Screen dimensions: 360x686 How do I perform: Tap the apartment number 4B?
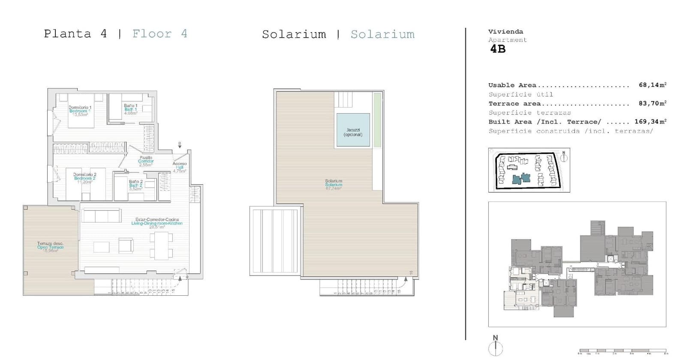498,49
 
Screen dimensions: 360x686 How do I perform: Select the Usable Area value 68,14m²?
652,85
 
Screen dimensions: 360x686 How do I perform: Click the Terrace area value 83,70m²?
652,103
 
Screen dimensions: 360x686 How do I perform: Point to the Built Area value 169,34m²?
650,122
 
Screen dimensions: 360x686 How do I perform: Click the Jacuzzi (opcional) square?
353,130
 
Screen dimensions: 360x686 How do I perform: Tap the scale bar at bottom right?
623,351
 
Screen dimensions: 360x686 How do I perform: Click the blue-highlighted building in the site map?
521,179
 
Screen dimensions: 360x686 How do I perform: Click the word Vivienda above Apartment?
505,32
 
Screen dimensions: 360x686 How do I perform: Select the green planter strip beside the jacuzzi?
377,120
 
